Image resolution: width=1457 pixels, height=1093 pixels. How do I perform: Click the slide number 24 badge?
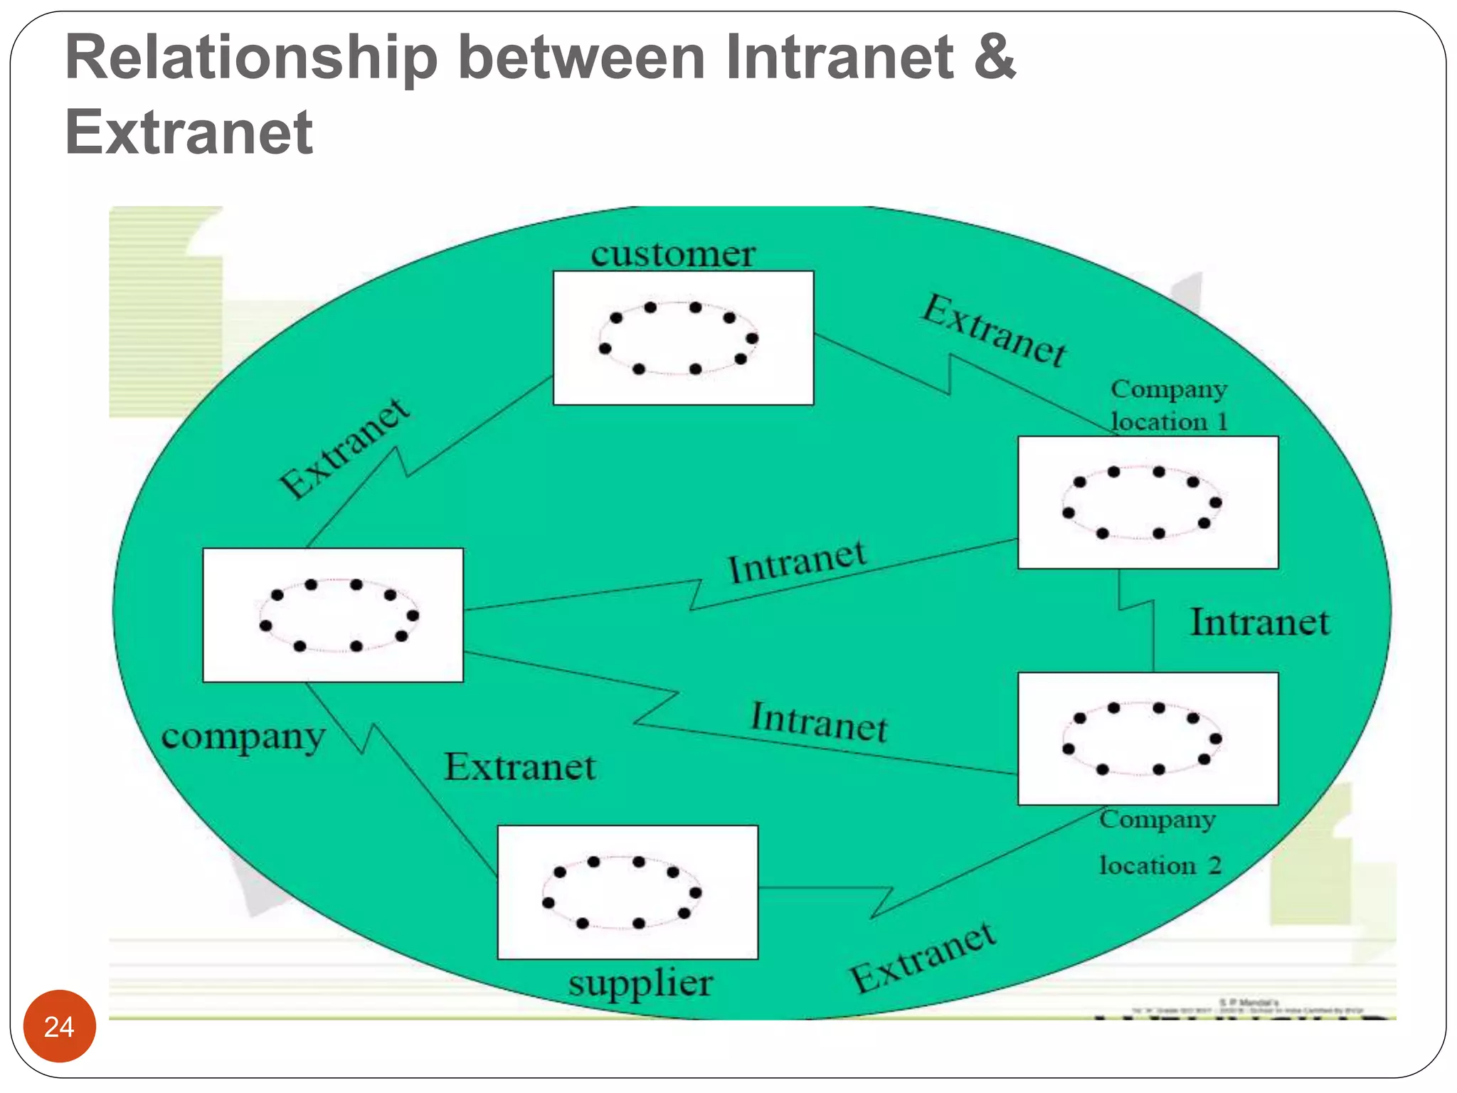pyautogui.click(x=59, y=1026)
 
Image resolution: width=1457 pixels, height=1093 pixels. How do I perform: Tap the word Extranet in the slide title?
pyautogui.click(x=189, y=132)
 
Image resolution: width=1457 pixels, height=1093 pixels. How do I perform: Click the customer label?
pyautogui.click(x=672, y=254)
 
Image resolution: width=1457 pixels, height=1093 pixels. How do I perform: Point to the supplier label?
pyautogui.click(x=640, y=983)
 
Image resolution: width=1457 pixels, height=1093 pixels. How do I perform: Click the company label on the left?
pyautogui.click(x=243, y=736)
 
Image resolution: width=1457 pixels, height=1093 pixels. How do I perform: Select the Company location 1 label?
pyautogui.click(x=1169, y=405)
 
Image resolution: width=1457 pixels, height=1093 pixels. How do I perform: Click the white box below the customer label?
pyautogui.click(x=683, y=338)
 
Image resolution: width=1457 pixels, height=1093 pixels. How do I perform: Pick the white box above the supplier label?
pyautogui.click(x=627, y=892)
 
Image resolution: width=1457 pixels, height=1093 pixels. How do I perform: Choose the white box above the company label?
pyautogui.click(x=333, y=615)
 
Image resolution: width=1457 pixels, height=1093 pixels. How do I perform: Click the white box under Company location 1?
pyautogui.click(x=1148, y=502)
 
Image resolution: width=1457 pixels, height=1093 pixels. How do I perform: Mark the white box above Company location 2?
pyautogui.click(x=1148, y=739)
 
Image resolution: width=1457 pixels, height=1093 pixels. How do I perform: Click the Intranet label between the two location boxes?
pyautogui.click(x=1260, y=623)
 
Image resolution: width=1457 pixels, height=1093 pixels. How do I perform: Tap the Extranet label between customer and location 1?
pyautogui.click(x=995, y=330)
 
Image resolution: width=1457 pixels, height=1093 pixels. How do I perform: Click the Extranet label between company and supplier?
pyautogui.click(x=520, y=767)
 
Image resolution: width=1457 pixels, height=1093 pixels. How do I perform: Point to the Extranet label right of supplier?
pyautogui.click(x=923, y=957)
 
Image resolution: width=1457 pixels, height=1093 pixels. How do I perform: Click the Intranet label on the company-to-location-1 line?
pyautogui.click(x=798, y=562)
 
